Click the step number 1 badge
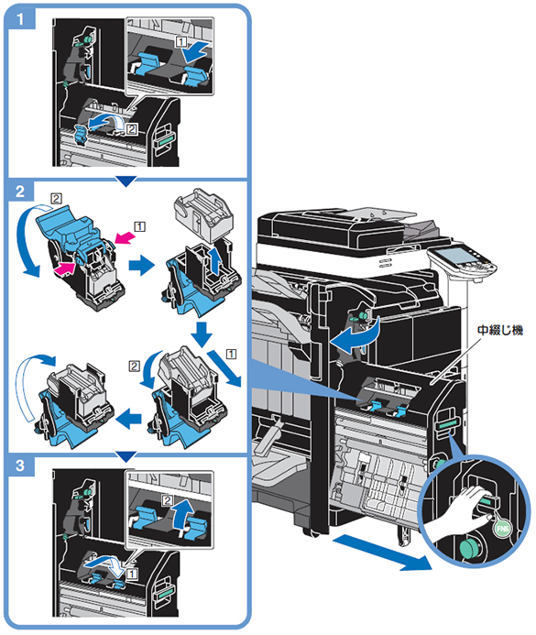click(x=20, y=18)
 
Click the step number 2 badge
click(x=20, y=192)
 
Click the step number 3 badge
click(x=20, y=465)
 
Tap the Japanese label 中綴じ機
click(x=500, y=330)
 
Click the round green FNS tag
click(x=502, y=529)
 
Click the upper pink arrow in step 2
click(x=125, y=237)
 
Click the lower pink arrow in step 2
click(x=65, y=268)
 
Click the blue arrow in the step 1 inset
click(x=195, y=51)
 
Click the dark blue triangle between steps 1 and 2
click(x=126, y=181)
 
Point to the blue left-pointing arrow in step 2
click(x=129, y=418)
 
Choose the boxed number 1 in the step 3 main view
click(x=132, y=574)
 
